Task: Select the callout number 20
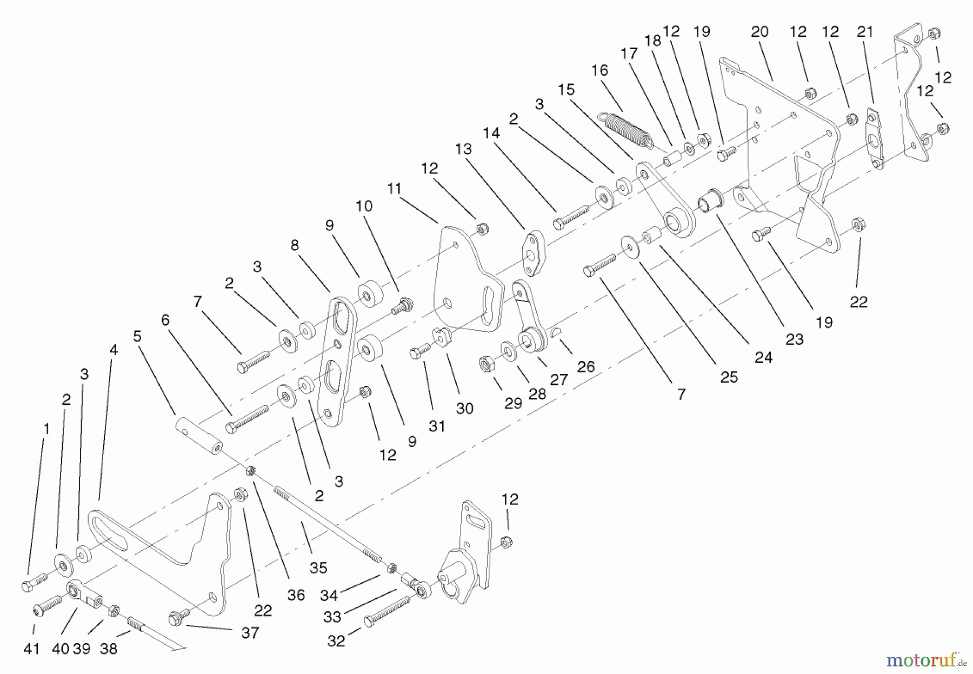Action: pos(759,32)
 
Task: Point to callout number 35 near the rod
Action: pos(318,568)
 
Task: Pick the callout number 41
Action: pos(32,648)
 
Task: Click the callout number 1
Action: pos(46,429)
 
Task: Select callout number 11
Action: pos(395,189)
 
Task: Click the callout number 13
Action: pos(463,149)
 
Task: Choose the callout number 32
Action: pos(336,641)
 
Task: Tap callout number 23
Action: pos(794,339)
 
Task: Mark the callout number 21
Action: pos(865,32)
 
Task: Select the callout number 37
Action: pos(250,632)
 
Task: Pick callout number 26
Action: pos(585,367)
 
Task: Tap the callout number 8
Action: pos(295,245)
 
